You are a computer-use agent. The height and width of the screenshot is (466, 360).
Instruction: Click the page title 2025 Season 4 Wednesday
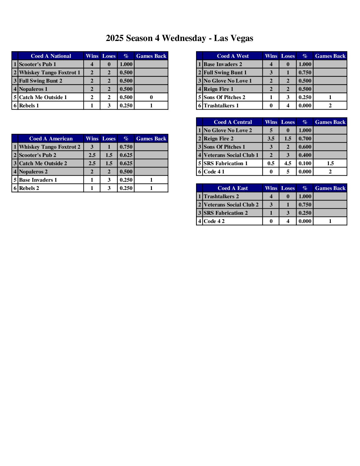(179, 38)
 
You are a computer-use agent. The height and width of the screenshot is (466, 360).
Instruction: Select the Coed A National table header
(51, 56)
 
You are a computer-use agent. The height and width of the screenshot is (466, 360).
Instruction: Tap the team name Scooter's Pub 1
(37, 64)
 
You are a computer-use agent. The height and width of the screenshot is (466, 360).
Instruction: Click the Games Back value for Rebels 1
(151, 105)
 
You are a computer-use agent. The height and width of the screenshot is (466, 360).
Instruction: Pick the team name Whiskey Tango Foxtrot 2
(50, 147)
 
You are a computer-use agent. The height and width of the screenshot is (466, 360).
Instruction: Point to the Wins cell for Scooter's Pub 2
(92, 155)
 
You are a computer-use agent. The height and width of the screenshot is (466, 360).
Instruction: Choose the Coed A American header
(51, 138)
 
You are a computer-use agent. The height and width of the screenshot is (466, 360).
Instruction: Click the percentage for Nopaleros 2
(126, 172)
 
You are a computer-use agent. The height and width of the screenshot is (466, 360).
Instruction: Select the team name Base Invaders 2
(223, 64)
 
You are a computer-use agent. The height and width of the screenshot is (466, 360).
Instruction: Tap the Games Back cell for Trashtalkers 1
(330, 105)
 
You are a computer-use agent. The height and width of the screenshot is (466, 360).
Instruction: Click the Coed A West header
(233, 56)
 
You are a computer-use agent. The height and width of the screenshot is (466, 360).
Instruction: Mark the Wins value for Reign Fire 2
(271, 138)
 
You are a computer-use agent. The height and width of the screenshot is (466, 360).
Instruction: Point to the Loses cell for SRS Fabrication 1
(288, 163)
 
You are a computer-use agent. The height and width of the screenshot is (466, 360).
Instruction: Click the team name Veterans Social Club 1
(231, 155)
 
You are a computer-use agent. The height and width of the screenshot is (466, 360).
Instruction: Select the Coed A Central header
(233, 122)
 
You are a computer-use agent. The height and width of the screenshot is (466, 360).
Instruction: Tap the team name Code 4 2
(214, 221)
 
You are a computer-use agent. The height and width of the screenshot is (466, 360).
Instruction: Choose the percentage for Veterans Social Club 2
(305, 205)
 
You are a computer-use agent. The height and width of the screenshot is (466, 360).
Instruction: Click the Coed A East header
(233, 188)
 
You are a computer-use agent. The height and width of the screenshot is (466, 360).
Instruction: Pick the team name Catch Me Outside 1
(43, 97)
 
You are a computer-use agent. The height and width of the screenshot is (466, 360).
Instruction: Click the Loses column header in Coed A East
(288, 188)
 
